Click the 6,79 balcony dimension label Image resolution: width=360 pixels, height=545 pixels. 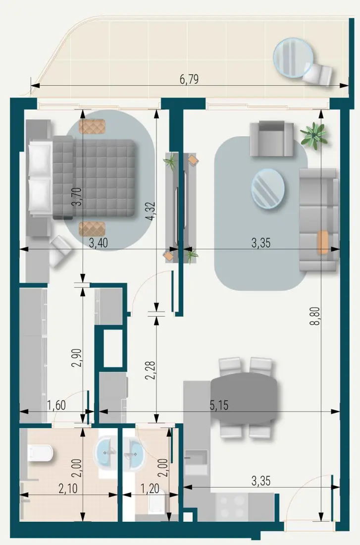pos(189,79)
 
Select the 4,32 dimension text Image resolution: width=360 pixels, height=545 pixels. pos(151,211)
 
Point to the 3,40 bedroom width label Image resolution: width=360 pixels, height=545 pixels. pos(99,243)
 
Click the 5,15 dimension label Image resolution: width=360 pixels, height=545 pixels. pos(219,405)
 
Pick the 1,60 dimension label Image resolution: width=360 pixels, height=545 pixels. pos(56,405)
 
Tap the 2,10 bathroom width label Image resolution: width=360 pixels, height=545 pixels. pos(68,489)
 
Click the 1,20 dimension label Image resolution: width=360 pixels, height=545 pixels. pos(150,489)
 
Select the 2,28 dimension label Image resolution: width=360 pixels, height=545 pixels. pos(151,371)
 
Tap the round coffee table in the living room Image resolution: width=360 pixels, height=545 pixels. pos(267,189)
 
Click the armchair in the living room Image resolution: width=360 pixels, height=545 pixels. pos(272,138)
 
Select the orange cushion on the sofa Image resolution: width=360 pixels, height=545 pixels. pos(323,242)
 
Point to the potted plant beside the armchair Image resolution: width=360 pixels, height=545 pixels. pos(314,135)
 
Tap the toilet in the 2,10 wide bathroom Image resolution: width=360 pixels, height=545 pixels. pos(41,453)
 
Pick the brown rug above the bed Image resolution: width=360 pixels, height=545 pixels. pos(92,126)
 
